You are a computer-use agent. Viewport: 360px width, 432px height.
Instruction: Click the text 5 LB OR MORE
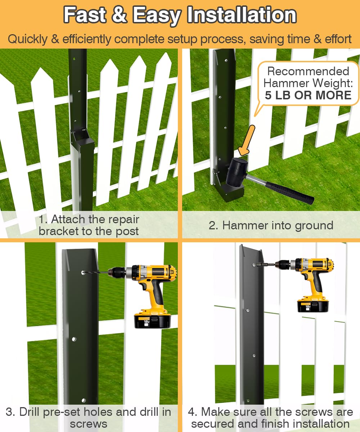tap(308, 95)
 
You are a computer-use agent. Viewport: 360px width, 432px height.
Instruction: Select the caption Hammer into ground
tap(271, 225)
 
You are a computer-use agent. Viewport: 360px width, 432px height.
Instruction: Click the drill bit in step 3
tap(98, 273)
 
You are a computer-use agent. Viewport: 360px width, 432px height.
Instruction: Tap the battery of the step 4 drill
tap(312, 306)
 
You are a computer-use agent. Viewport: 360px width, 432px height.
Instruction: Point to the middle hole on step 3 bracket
tap(74, 339)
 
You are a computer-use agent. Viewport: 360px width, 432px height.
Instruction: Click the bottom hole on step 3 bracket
tap(84, 400)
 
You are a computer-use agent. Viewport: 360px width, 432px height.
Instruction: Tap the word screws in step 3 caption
tap(89, 424)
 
